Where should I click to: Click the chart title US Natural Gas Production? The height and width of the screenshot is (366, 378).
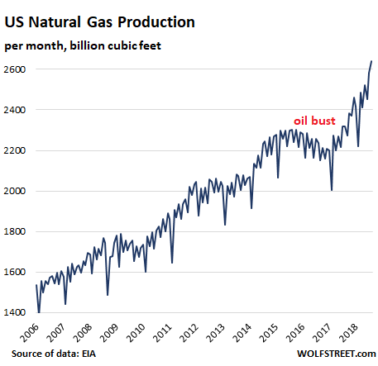pyautogui.click(x=100, y=21)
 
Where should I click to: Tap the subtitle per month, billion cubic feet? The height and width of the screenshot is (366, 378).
pyautogui.click(x=83, y=45)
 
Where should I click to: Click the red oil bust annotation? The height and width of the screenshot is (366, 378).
pyautogui.click(x=314, y=121)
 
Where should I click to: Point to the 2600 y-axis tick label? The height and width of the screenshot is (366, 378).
pyautogui.click(x=15, y=69)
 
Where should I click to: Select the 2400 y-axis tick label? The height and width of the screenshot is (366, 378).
pyautogui.click(x=15, y=110)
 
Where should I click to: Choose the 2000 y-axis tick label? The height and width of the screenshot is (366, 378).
pyautogui.click(x=15, y=191)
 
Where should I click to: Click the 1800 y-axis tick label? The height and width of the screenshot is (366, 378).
pyautogui.click(x=15, y=231)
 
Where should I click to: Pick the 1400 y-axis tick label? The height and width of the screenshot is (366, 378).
pyautogui.click(x=15, y=312)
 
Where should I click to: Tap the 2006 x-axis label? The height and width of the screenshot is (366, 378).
pyautogui.click(x=30, y=333)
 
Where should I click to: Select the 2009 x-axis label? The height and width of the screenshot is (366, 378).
pyautogui.click(x=110, y=333)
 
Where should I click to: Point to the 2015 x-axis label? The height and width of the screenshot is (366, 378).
pyautogui.click(x=270, y=333)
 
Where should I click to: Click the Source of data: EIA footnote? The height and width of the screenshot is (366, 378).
pyautogui.click(x=54, y=354)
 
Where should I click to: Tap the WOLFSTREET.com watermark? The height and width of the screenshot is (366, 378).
pyautogui.click(x=336, y=354)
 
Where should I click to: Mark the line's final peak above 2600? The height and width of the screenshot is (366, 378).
pyautogui.click(x=371, y=61)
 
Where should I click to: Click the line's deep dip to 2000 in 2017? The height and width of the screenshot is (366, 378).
pyautogui.click(x=332, y=190)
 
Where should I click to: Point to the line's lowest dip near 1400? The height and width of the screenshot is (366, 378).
pyautogui.click(x=39, y=312)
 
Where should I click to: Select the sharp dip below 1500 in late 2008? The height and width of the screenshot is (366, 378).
pyautogui.click(x=108, y=295)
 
